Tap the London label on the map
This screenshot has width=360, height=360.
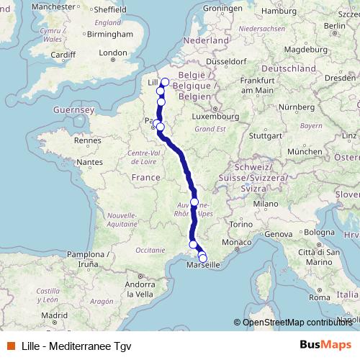pos(112,53)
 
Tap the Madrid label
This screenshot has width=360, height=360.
pos(54,315)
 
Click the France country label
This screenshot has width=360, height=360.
pos(145,177)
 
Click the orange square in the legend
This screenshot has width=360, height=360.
pos(10,344)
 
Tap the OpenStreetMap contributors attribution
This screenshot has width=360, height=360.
pos(297,322)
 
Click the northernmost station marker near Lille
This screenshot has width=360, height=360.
pos(165,82)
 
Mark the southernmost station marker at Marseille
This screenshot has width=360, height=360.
pos(203,258)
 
